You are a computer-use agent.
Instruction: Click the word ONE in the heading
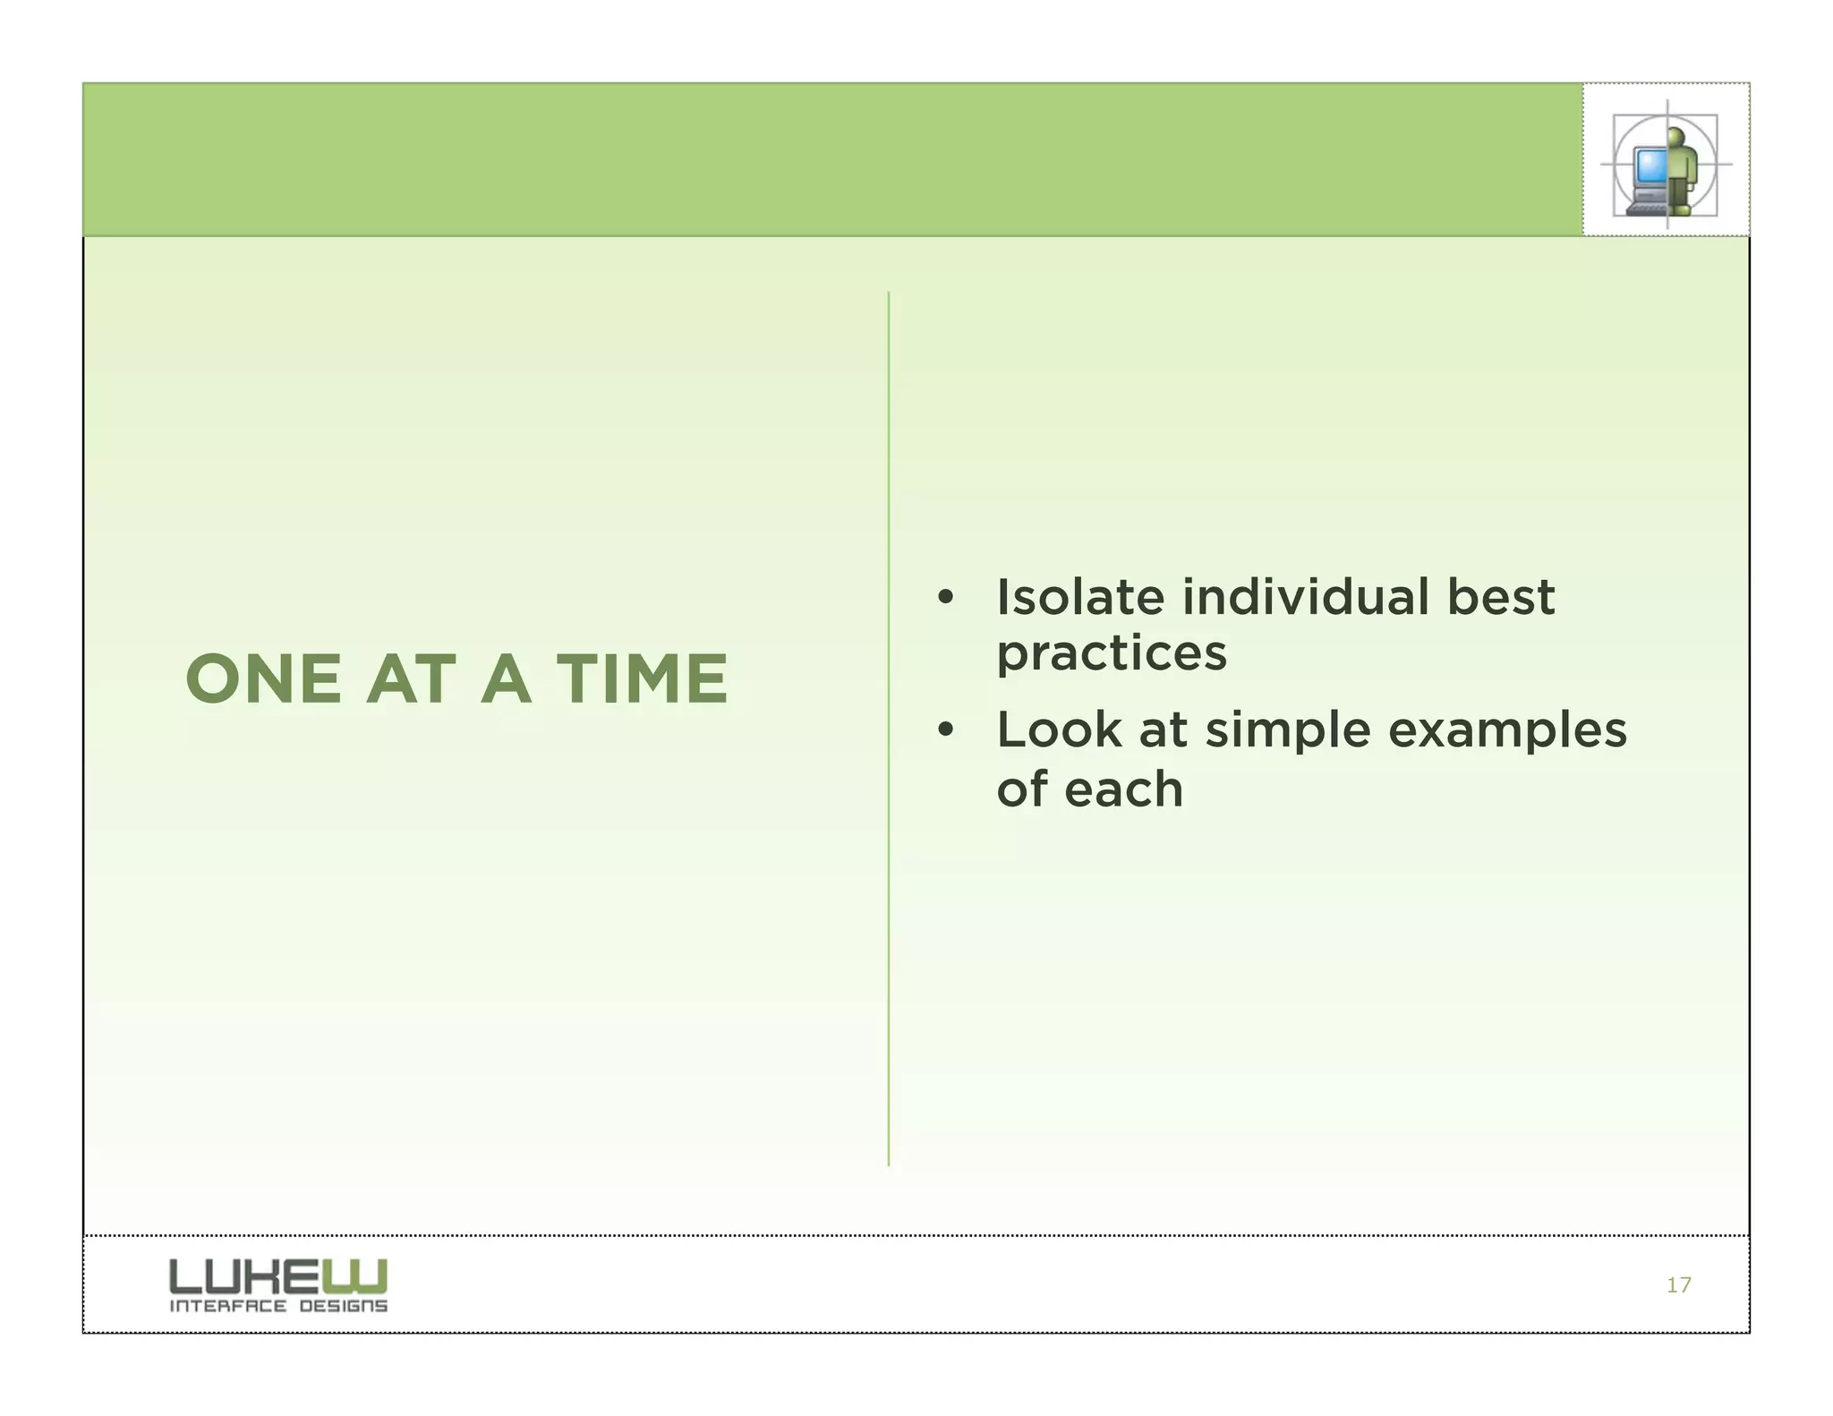point(263,678)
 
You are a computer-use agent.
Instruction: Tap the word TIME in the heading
point(642,678)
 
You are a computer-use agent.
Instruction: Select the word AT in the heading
point(411,678)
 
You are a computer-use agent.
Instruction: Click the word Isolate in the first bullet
point(1078,597)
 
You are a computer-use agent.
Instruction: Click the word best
point(1501,597)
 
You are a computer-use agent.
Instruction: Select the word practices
point(1111,654)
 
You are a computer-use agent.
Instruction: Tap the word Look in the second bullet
point(1059,729)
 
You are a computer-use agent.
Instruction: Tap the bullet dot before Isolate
point(945,598)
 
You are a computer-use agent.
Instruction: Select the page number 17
point(1678,1285)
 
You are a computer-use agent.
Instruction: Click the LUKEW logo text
point(277,1276)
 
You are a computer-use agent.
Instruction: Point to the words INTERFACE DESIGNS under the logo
point(277,1306)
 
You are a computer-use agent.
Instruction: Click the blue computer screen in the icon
point(1649,166)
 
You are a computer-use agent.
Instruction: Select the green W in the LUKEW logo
point(366,1276)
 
